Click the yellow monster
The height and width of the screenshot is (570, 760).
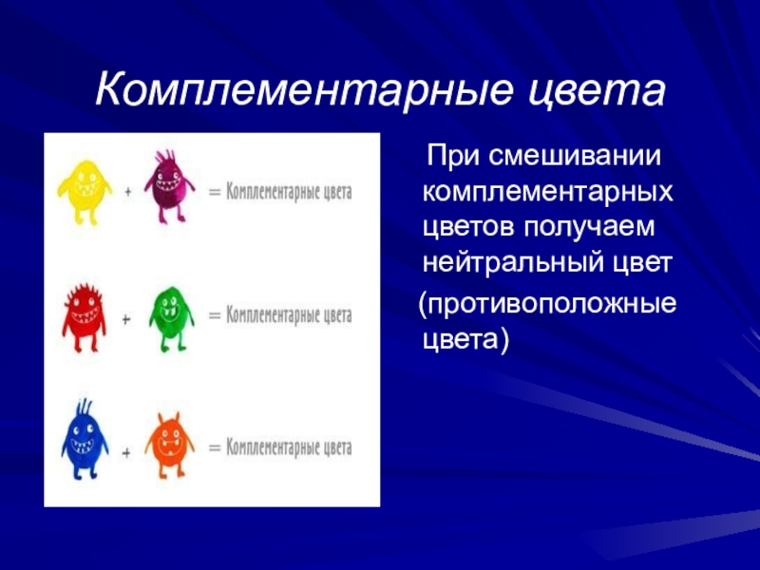85,193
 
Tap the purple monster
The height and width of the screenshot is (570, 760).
169,186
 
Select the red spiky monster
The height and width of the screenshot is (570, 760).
85,317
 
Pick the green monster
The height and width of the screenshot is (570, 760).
171,318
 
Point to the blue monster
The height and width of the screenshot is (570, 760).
85,440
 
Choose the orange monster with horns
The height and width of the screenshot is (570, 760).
169,445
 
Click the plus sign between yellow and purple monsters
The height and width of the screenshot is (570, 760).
128,192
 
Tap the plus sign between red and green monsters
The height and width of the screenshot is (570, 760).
126,319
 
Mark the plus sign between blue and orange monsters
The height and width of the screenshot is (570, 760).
126,453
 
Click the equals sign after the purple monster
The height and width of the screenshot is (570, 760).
215,192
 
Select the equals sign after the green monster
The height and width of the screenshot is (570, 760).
215,315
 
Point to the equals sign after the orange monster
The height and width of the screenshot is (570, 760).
215,447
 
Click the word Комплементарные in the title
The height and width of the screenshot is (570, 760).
304,90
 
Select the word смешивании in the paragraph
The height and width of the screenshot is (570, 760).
575,156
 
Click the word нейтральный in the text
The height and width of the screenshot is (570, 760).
512,262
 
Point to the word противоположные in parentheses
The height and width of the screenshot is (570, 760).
547,304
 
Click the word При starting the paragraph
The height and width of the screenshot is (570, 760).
454,156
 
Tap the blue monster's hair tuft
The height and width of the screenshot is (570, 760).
84,408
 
